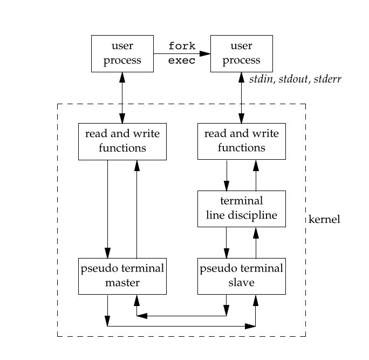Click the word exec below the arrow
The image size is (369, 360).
182,60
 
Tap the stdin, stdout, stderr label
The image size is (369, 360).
295,79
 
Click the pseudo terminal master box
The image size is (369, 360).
122,276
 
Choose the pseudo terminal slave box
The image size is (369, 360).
241,276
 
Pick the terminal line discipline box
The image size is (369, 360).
241,209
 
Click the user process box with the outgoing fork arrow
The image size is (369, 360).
122,53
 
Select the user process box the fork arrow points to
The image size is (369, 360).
241,53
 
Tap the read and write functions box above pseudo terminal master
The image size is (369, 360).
122,141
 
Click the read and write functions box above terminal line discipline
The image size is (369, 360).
241,141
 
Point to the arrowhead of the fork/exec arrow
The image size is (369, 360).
205,53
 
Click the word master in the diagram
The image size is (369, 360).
122,282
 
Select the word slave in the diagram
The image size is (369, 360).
241,282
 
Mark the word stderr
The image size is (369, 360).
329,79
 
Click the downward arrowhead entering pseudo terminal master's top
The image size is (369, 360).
108,253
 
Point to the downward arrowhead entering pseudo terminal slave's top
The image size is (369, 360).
227,253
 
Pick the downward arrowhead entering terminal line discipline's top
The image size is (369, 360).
227,186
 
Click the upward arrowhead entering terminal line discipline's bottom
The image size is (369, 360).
256,233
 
